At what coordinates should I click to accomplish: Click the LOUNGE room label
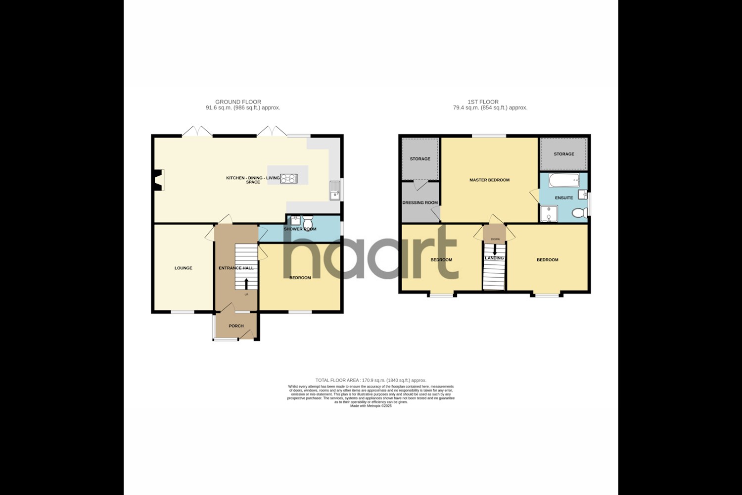pos(183,268)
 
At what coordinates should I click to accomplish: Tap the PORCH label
pos(236,326)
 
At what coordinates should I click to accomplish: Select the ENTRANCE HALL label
pos(236,268)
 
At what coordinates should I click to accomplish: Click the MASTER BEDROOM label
pos(489,180)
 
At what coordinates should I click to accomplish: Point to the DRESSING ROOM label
pos(420,202)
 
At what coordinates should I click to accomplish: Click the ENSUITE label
pos(564,198)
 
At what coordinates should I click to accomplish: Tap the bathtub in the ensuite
pos(563,180)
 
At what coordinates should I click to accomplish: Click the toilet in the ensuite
pos(578,213)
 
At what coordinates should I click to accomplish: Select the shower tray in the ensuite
pos(549,214)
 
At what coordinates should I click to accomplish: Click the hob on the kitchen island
pos(288,179)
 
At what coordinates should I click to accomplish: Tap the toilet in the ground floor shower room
pos(307,219)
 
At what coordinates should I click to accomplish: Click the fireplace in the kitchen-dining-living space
pos(159,180)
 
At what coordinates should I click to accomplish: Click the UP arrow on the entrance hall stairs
pos(246,284)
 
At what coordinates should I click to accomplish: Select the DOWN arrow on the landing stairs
pos(495,250)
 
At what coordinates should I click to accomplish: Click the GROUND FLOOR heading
pos(238,102)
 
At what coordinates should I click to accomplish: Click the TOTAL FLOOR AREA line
pos(371,380)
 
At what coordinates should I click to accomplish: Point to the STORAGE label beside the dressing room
pos(420,159)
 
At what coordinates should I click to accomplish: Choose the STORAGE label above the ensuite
pos(564,154)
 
